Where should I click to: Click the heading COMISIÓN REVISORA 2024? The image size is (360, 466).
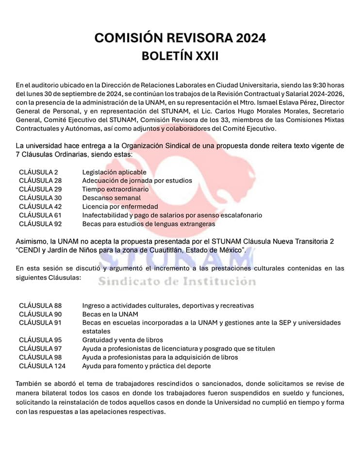click(x=180, y=38)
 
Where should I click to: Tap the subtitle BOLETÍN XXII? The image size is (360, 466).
click(x=180, y=56)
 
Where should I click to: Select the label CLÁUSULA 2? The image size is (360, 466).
click(x=39, y=172)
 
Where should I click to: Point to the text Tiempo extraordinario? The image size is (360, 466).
click(x=115, y=189)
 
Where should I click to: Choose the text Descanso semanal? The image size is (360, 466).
click(x=112, y=198)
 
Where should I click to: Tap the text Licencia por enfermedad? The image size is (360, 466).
click(x=120, y=207)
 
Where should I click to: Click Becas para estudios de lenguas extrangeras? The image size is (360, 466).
click(x=148, y=224)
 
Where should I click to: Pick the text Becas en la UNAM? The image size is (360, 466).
click(x=110, y=314)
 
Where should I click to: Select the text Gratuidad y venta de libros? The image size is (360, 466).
click(x=123, y=340)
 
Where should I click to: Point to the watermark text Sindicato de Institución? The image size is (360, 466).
click(x=177, y=282)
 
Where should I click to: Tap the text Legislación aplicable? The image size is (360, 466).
click(x=115, y=172)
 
